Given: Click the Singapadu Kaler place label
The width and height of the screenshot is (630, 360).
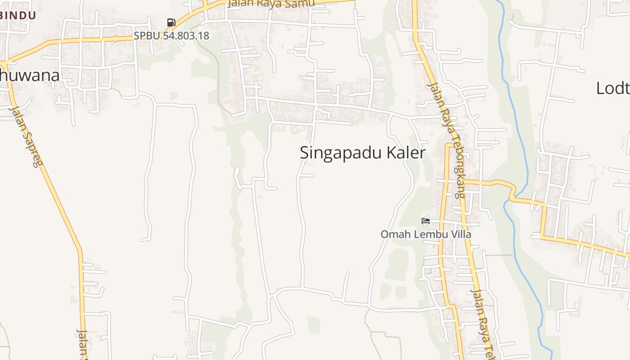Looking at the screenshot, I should [362, 153].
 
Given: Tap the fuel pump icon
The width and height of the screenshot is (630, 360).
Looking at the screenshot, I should [171, 22].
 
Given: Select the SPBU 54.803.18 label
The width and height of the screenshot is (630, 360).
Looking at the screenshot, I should [171, 36].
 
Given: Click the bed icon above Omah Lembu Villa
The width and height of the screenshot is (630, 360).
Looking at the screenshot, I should [426, 220].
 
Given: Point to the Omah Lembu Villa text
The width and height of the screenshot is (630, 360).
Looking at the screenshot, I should [426, 234].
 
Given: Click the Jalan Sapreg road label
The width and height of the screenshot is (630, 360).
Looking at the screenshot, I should [26, 135].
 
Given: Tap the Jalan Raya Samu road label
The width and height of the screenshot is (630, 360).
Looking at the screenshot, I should [271, 4].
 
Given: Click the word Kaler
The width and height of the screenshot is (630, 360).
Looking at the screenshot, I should [405, 153].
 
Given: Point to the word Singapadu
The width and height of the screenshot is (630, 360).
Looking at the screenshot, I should [341, 153].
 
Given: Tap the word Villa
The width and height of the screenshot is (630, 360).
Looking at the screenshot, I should [462, 234].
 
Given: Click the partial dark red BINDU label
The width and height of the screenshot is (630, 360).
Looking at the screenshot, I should [18, 15].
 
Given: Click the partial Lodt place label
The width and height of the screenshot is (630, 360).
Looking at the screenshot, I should [613, 88].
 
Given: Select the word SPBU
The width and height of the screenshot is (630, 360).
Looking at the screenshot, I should [147, 36].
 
